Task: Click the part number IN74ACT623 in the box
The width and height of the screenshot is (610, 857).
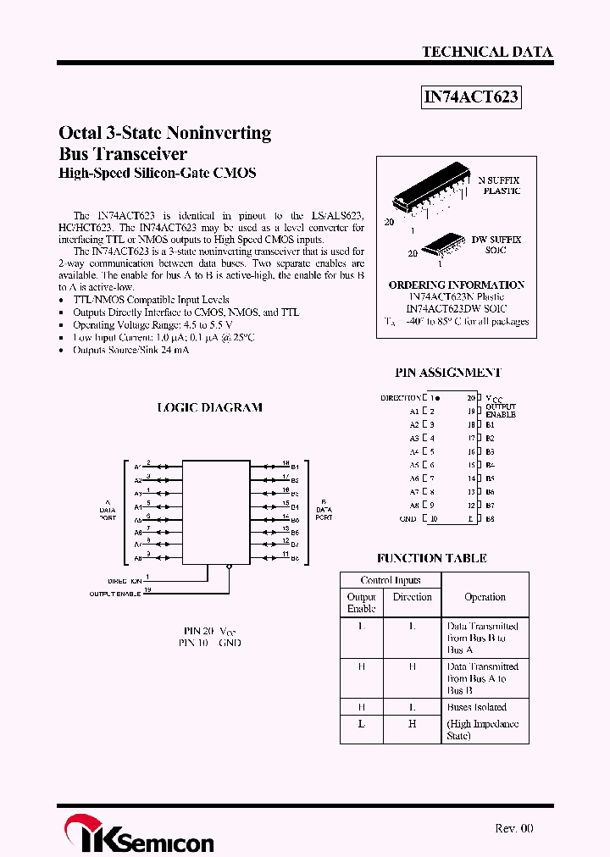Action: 470,97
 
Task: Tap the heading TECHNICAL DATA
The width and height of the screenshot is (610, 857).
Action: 487,52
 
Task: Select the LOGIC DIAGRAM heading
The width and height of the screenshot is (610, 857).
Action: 210,407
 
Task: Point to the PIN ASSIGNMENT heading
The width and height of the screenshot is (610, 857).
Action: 448,373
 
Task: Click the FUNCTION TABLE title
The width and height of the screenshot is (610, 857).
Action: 432,558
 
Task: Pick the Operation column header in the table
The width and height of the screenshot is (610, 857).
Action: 485,597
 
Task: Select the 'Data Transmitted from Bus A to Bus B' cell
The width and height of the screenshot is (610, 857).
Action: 481,678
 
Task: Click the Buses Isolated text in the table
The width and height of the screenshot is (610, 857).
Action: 476,707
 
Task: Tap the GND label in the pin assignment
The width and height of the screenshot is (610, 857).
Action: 408,519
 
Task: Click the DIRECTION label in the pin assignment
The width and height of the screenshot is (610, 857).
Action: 401,397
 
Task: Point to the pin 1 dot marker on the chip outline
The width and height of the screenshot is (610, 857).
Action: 438,397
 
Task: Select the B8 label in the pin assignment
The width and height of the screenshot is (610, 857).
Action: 490,519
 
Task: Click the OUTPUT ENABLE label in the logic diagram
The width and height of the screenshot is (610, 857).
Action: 115,594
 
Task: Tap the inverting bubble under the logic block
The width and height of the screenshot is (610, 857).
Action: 229,569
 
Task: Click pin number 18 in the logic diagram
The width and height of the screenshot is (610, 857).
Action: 286,463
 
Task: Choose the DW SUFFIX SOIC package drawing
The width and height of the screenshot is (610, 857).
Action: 441,243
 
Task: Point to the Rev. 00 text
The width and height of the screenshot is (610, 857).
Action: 514,828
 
